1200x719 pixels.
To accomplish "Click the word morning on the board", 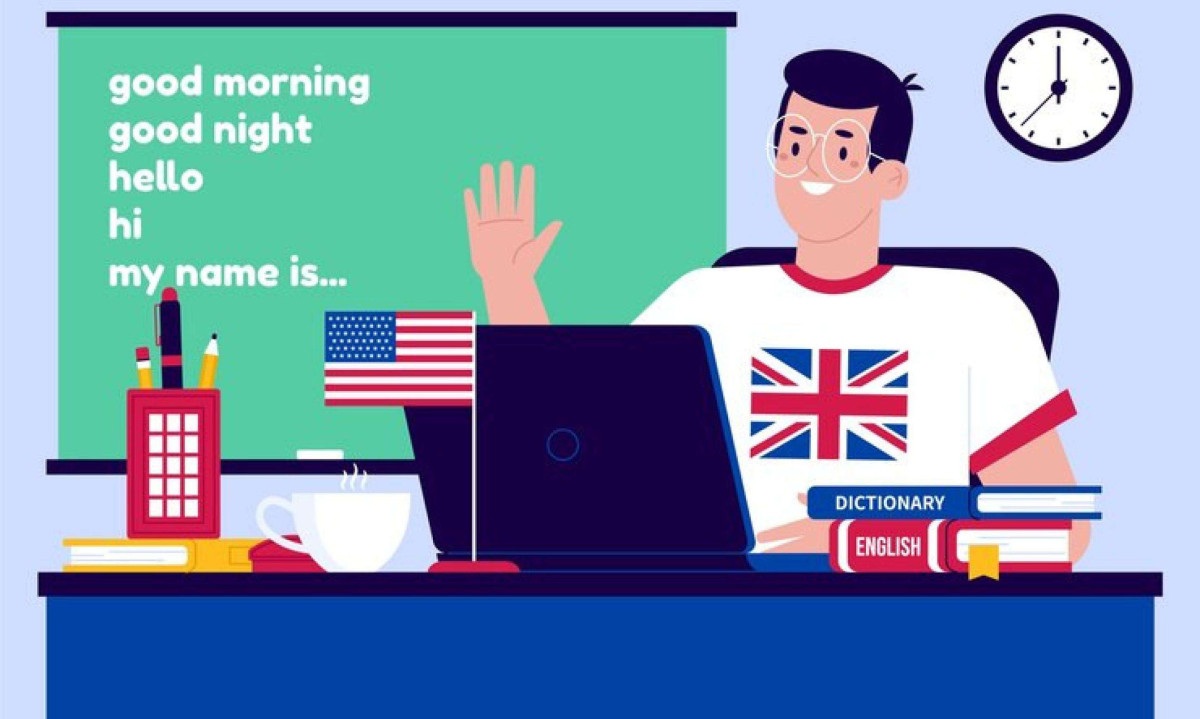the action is pos(291,84).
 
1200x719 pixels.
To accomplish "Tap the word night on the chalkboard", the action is pos(262,130).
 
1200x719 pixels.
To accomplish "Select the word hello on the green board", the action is pos(156,176).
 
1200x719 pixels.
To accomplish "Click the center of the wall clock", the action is pos(1058,88).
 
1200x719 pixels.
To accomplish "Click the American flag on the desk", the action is pos(399,358).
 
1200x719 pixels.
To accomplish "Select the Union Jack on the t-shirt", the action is pos(829,405).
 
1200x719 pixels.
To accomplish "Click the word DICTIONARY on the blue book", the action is pos(890,503).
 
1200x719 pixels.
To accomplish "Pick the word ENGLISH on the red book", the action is pos(888,547).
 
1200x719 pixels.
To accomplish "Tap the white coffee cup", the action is pos(338,530).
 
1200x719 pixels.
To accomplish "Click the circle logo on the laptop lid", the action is pos(562,445).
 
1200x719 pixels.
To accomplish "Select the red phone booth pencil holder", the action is pos(174,463).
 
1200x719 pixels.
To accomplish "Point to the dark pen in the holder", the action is pos(170,339).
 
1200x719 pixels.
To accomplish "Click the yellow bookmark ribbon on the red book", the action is pos(983,562).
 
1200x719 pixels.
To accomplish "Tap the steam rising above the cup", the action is pos(354,478).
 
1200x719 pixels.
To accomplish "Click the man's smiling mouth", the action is pos(817,188).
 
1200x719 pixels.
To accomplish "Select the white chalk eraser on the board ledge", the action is pos(320,455).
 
